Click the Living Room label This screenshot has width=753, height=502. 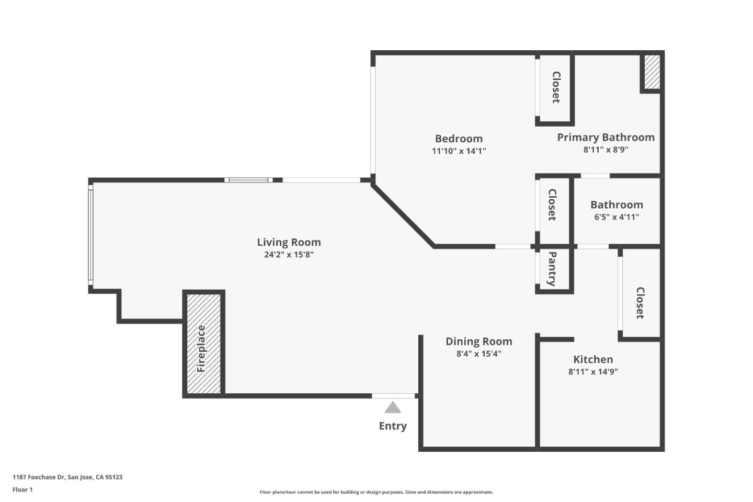point(289,242)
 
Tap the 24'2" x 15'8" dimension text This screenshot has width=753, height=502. point(289,255)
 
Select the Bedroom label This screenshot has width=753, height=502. point(459,139)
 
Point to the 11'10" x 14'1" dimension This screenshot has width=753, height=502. point(459,151)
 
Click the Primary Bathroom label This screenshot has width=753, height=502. point(606,137)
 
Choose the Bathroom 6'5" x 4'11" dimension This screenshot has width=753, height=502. point(617,217)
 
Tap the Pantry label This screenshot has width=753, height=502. point(552,269)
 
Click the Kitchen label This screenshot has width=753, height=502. point(593,359)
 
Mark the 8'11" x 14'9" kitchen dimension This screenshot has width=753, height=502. point(593,372)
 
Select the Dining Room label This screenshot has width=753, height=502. point(478,341)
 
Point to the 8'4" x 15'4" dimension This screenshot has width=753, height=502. point(478,354)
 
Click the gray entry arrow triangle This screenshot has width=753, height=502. point(393,408)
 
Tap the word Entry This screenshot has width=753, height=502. point(393,426)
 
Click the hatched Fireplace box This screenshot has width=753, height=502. point(203,344)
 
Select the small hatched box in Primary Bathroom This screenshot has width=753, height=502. point(652,72)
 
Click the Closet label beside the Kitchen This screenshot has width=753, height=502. point(640,303)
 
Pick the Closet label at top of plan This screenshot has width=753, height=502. point(556,87)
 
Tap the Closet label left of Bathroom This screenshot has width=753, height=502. point(552,205)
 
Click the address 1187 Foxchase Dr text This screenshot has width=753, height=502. point(67,477)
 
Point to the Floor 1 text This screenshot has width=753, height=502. point(22,490)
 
